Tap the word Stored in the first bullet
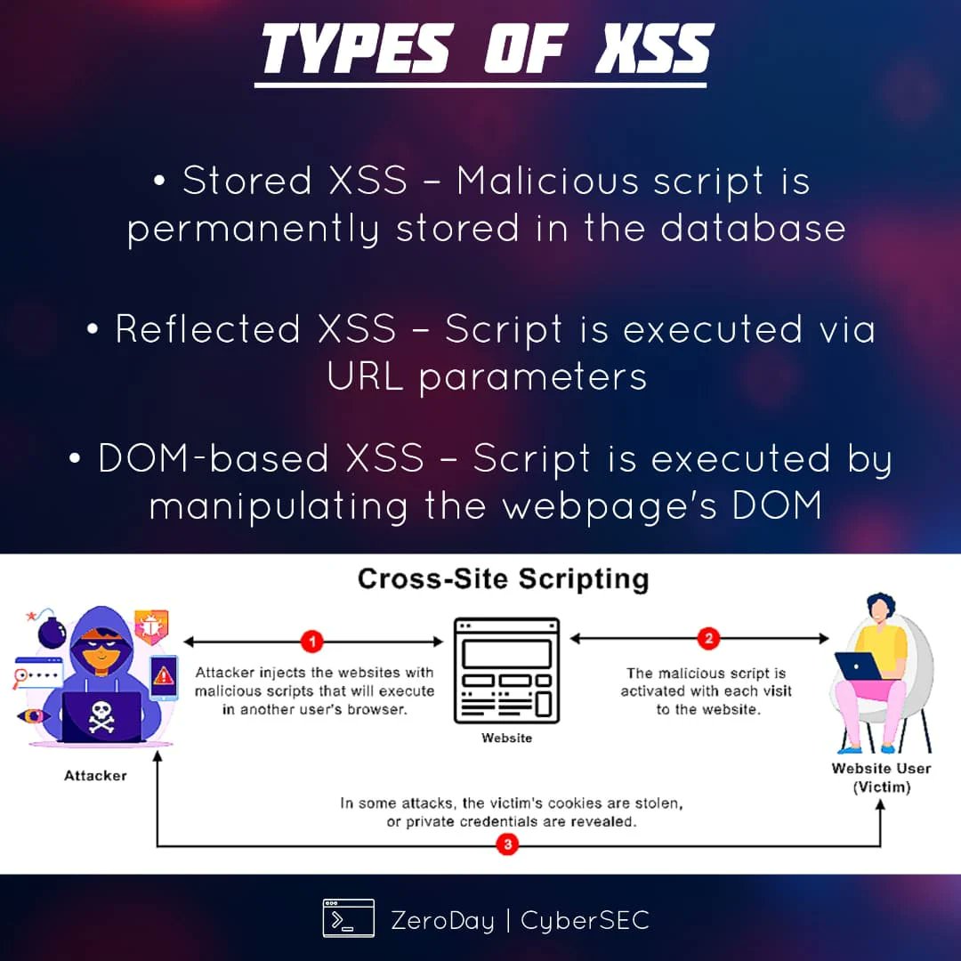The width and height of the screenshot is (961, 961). tap(246, 181)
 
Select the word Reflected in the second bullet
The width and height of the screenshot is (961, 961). tap(207, 329)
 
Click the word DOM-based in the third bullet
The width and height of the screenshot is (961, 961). tap(214, 459)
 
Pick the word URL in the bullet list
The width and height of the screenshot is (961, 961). tap(365, 376)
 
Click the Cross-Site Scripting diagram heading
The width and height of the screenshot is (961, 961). tap(503, 579)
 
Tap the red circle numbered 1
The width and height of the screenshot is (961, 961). tap(311, 640)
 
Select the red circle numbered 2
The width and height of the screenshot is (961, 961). tap(709, 639)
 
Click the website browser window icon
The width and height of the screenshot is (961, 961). tap(506, 670)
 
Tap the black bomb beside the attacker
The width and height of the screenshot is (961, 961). tap(52, 631)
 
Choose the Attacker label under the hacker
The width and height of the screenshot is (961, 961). tap(95, 776)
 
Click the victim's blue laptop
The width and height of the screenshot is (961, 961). tap(856, 666)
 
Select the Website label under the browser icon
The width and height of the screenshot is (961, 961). tap(506, 738)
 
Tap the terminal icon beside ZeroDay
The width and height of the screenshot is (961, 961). tap(348, 918)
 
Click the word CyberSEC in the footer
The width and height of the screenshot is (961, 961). tap(585, 919)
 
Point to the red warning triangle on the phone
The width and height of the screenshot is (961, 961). tap(164, 676)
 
